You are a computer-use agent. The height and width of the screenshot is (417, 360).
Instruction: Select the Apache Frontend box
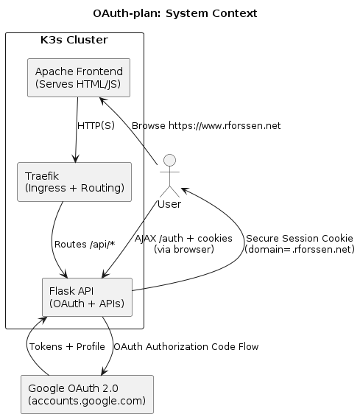pos(78,77)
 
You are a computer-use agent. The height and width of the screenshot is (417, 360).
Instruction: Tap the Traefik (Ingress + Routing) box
pos(74,181)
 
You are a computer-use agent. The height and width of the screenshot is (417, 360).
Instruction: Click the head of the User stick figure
pos(170,160)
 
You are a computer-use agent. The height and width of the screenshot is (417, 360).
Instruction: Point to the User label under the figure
pos(170,203)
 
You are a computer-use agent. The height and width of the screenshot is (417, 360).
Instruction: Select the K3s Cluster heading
pos(74,39)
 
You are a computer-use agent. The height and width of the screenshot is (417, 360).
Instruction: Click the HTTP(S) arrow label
pos(96,126)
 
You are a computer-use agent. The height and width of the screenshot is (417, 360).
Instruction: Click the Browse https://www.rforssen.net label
pos(206,126)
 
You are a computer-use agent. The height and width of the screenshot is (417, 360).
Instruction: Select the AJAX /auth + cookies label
pos(184,239)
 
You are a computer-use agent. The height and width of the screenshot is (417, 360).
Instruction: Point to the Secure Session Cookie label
pos(299,239)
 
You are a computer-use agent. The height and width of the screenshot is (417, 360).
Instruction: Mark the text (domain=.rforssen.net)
pos(299,250)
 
